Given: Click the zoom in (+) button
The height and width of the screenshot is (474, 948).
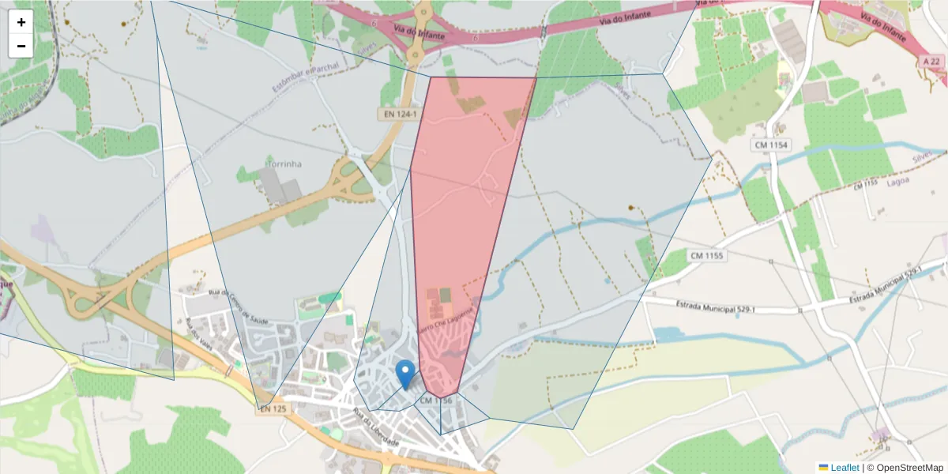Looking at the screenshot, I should tap(21, 22).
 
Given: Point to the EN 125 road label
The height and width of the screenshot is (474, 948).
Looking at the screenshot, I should tap(273, 408).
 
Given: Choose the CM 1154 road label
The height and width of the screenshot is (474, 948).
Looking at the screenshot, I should tap(771, 145).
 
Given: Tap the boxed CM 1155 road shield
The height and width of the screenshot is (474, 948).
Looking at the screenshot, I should tap(706, 255).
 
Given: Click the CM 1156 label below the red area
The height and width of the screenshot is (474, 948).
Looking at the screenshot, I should tap(436, 401).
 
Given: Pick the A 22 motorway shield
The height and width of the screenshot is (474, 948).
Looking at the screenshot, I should tap(933, 61).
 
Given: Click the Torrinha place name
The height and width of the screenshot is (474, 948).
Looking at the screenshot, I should tap(284, 164).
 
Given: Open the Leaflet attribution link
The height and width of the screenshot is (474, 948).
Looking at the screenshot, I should tap(844, 468).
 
